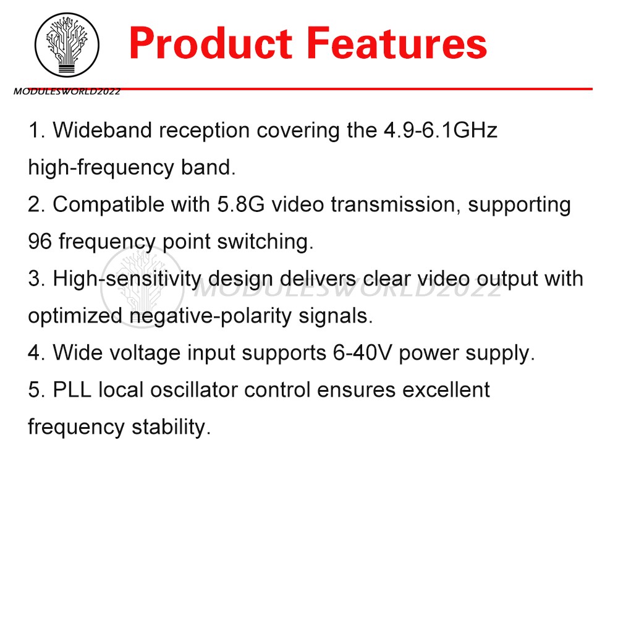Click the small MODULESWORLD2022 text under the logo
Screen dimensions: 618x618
pyautogui.click(x=67, y=92)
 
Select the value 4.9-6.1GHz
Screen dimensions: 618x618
pyautogui.click(x=437, y=130)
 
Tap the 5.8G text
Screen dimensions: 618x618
pyautogui.click(x=238, y=205)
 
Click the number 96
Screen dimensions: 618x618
pyautogui.click(x=40, y=242)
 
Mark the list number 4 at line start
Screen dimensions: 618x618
pyautogui.click(x=34, y=353)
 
